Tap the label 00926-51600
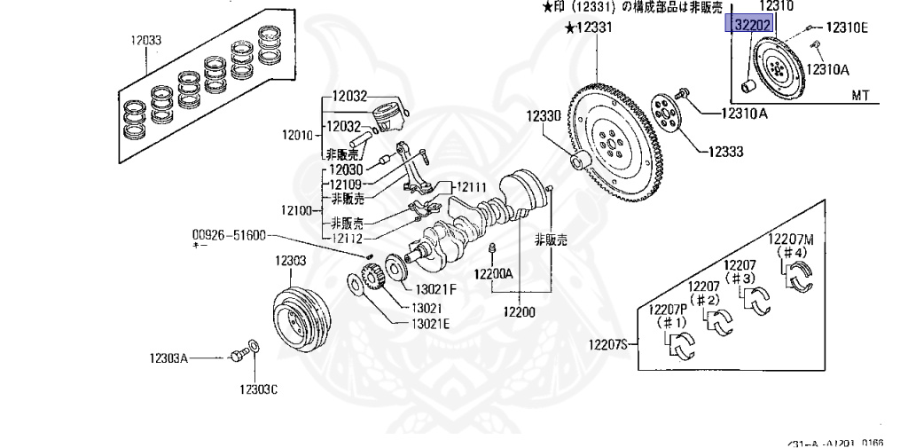(227, 236)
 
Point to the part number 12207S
(611, 344)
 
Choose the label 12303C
(258, 389)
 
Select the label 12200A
(493, 274)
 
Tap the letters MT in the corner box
(860, 94)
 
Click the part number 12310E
(847, 28)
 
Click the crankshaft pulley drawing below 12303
(299, 316)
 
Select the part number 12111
(471, 187)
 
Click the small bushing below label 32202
(748, 85)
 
